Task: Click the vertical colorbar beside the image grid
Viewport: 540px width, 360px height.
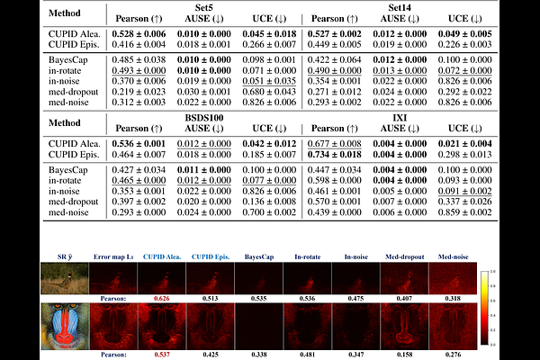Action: click(x=484, y=306)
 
